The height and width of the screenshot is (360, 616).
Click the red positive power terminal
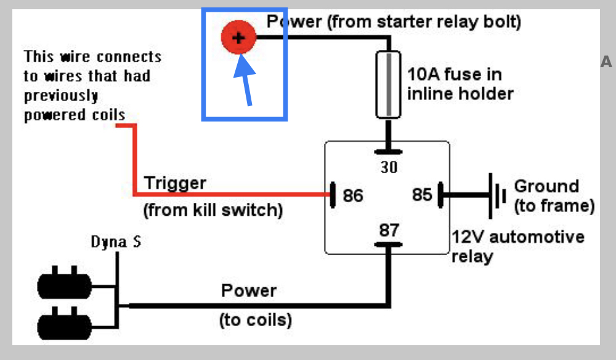pos(238,37)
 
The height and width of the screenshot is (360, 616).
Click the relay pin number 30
pos(389,166)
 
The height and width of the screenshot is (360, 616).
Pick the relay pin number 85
pos(422,195)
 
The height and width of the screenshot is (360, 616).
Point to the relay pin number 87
pos(389,230)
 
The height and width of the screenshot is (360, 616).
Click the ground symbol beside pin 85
pos(495,195)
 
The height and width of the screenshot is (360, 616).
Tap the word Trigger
pos(175,183)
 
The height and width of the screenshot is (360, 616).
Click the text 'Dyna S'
pos(116,242)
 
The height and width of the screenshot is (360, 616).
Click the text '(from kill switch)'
pos(213,210)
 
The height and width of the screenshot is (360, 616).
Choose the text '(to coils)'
pos(256,321)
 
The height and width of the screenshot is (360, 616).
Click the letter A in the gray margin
pos(607,62)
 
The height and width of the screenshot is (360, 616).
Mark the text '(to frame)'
pos(554,206)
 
